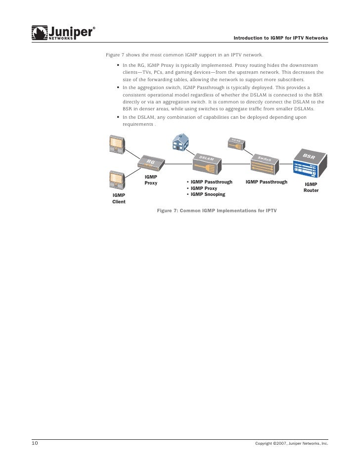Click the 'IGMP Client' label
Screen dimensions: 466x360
click(119, 198)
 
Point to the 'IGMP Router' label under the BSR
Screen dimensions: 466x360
click(311, 187)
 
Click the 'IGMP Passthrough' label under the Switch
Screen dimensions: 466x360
click(266, 182)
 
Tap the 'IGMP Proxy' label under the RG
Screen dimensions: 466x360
click(151, 180)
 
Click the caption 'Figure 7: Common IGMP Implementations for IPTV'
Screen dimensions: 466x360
click(217, 210)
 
